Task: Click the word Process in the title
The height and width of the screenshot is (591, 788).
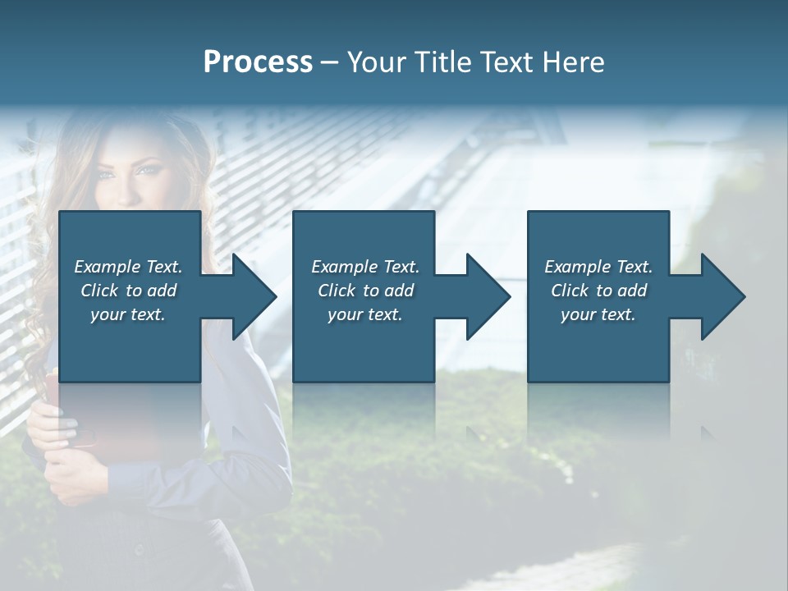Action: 258,62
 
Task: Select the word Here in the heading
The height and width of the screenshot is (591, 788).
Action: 573,62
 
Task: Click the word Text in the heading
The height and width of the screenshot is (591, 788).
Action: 505,62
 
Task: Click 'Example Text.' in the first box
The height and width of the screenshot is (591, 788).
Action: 128,267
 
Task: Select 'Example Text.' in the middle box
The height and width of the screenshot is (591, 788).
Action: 365,267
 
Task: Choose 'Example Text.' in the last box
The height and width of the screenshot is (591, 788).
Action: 598,267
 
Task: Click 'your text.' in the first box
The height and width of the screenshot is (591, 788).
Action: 128,314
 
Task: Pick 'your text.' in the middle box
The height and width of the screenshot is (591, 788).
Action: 365,314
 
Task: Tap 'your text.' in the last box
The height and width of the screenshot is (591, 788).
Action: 598,314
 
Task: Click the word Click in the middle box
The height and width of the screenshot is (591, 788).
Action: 336,291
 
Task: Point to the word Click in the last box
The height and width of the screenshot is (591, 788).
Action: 570,291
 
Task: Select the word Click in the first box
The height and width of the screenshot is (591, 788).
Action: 98,291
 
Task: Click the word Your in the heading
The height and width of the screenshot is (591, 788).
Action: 377,62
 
